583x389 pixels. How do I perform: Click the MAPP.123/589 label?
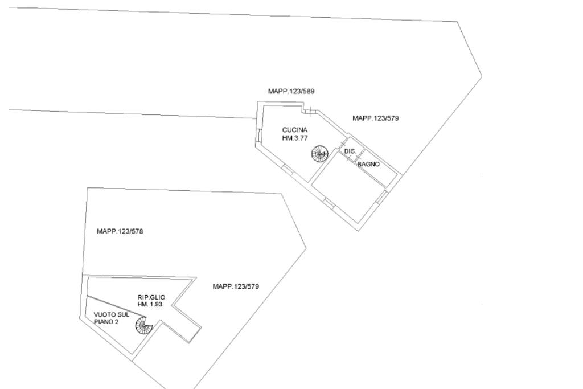click(x=291, y=91)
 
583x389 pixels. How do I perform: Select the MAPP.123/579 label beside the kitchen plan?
click(x=376, y=118)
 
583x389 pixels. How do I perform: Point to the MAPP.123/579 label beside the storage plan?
click(x=236, y=286)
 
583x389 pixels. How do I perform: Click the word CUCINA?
click(x=295, y=130)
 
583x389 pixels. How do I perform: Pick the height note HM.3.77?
click(x=295, y=137)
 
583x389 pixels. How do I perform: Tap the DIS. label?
click(x=350, y=151)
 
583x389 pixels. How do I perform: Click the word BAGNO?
click(x=368, y=165)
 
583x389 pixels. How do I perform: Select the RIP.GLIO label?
click(x=151, y=297)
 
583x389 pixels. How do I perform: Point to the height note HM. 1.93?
click(x=151, y=305)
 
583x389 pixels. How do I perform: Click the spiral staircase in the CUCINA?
click(x=320, y=153)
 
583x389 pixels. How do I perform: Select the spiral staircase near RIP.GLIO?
click(x=144, y=326)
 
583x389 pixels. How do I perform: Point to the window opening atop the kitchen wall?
click(x=307, y=110)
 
